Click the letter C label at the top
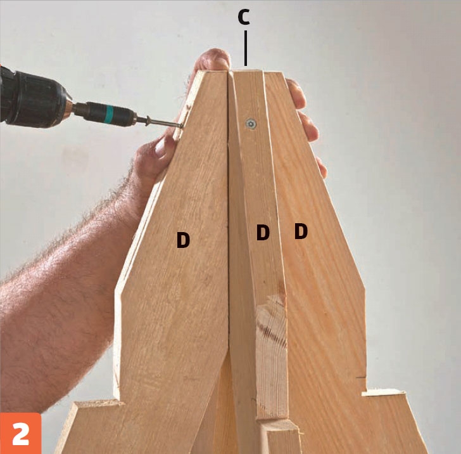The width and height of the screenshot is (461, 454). pyautogui.click(x=244, y=17)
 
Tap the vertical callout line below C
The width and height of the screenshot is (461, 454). pyautogui.click(x=246, y=49)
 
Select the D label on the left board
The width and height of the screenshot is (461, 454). pyautogui.click(x=183, y=240)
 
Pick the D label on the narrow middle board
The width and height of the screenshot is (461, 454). pyautogui.click(x=263, y=232)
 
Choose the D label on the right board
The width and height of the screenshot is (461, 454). pyautogui.click(x=301, y=231)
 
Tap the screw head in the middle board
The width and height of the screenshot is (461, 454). pyautogui.click(x=251, y=124)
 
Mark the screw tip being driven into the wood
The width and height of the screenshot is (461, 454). pyautogui.click(x=180, y=126)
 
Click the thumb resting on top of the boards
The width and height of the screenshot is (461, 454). pyautogui.click(x=212, y=60)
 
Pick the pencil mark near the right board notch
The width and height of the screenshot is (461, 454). pyautogui.click(x=360, y=377)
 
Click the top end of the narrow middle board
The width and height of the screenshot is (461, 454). pyautogui.click(x=247, y=71)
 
